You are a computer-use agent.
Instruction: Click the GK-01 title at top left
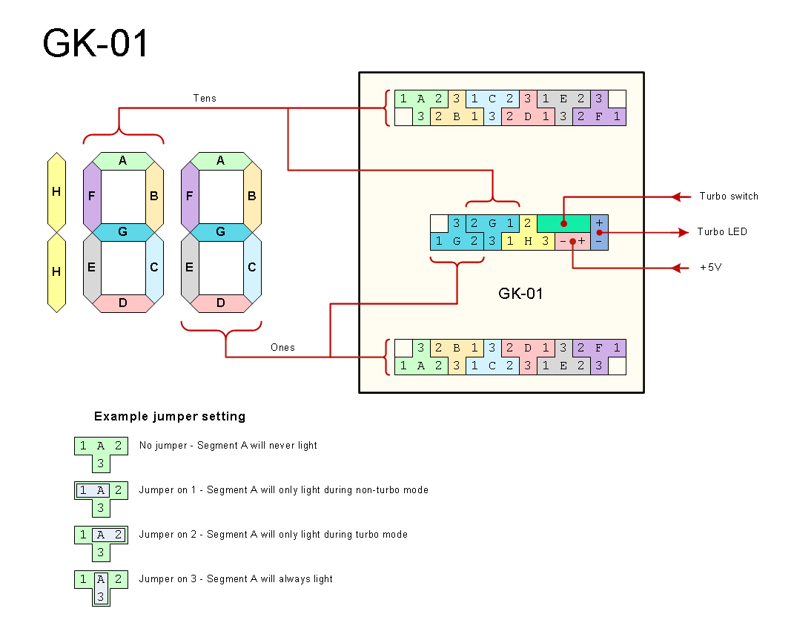96,43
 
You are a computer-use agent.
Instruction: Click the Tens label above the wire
205,98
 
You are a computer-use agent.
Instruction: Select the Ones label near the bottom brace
282,347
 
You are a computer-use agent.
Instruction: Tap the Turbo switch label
729,197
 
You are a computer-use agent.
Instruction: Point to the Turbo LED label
722,232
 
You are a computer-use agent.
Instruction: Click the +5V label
711,268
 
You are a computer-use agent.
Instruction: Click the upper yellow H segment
56,192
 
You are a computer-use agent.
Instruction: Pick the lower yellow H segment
56,272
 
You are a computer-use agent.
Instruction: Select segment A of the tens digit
123,160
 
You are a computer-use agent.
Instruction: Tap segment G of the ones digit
220,232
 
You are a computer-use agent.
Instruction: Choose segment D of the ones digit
220,303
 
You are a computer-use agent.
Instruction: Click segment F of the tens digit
92,197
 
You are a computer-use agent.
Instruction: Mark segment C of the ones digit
252,267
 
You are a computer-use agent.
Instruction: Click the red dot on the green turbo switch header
563,222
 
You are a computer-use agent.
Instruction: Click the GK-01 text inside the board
520,294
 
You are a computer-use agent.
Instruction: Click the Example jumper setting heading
170,417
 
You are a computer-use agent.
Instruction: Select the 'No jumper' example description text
228,446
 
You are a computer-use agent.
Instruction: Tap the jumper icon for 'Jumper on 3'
101,587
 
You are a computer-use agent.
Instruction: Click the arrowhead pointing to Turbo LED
679,232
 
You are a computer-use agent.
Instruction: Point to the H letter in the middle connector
528,241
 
